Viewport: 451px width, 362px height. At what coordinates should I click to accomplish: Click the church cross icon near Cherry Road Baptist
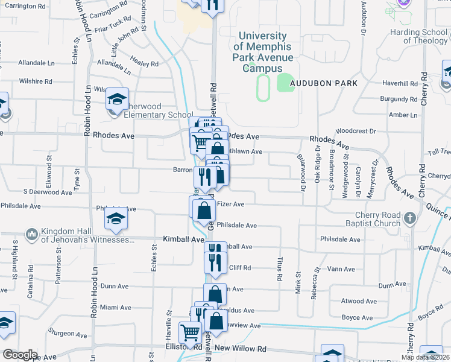410,218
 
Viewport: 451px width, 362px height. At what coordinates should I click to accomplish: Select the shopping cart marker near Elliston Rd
190,333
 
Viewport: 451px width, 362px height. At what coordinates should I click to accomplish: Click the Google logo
19,355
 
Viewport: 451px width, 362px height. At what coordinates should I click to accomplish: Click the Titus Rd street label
280,269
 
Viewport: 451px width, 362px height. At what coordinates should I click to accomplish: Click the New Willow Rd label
240,349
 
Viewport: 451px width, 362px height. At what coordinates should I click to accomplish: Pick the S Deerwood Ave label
48,192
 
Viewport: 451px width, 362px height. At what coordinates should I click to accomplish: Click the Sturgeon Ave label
68,333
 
